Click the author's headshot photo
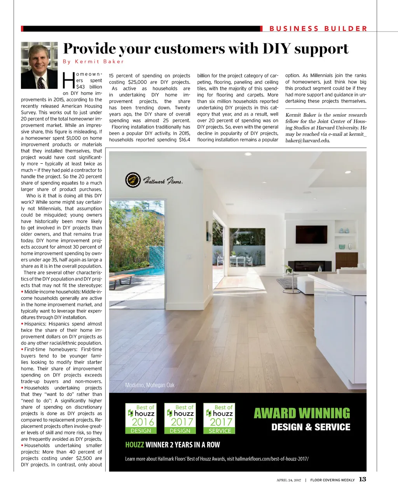point(39,65)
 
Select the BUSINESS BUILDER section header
point(318,28)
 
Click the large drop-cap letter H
point(68,81)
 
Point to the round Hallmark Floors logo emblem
point(133,180)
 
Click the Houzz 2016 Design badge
point(141,419)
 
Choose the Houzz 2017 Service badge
point(219,419)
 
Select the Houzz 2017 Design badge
point(180,419)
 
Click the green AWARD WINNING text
point(302,413)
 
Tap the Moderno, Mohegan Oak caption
point(150,385)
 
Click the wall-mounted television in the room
point(311,234)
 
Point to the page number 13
point(362,479)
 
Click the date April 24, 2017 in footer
point(289,480)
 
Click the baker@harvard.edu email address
point(307,140)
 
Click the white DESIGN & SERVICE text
point(311,427)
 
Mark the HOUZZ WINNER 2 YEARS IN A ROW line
point(173,445)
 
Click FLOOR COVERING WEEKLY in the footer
point(332,480)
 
